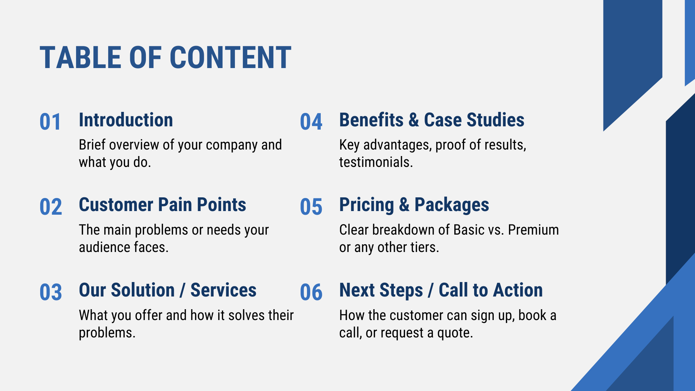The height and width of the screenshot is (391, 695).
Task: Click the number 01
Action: [50, 122]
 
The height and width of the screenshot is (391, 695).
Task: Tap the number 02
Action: [51, 207]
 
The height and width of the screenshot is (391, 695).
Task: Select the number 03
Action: [51, 292]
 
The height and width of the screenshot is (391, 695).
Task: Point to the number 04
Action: [311, 122]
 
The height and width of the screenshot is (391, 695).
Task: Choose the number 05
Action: [311, 207]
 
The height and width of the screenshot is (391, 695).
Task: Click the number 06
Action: [311, 292]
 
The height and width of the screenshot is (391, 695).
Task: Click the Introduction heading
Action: [126, 120]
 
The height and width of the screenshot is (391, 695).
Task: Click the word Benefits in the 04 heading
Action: [371, 120]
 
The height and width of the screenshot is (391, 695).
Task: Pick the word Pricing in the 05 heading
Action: [367, 205]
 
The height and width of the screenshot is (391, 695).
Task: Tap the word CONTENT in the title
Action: [231, 58]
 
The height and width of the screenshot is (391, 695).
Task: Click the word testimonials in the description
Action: [376, 162]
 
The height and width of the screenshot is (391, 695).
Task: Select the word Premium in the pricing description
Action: [533, 230]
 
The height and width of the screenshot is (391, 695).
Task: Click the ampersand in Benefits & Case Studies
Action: [414, 120]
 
